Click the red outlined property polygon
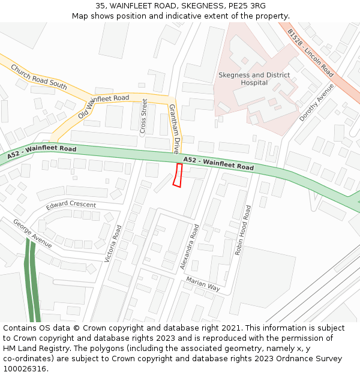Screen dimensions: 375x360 pyautogui.click(x=177, y=175)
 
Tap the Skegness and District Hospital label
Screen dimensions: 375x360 pyautogui.click(x=254, y=79)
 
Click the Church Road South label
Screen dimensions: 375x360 pyautogui.click(x=39, y=77)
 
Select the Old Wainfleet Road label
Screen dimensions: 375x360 pyautogui.click(x=103, y=106)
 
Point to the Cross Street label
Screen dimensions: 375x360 pyautogui.click(x=143, y=116)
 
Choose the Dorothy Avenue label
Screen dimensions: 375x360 pyautogui.click(x=316, y=102)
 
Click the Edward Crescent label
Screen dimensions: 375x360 pyautogui.click(x=71, y=205)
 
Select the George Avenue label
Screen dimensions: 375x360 pyautogui.click(x=32, y=233)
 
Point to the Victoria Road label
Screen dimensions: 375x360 pyautogui.click(x=113, y=243)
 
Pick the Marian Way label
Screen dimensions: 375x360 pyautogui.click(x=203, y=284)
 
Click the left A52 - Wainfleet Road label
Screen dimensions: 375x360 pyautogui.click(x=42, y=152)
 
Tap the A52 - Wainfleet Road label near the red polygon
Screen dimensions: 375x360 pyautogui.click(x=218, y=163)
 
